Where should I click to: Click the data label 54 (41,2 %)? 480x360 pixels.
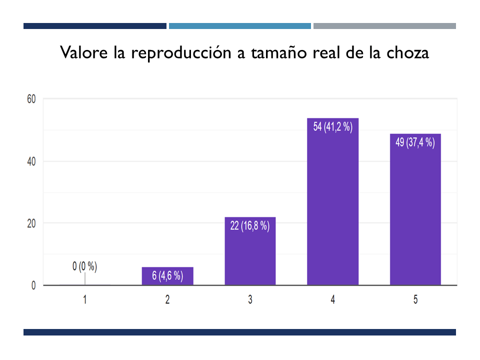pyautogui.click(x=333, y=127)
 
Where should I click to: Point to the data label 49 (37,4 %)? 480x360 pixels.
pyautogui.click(x=415, y=142)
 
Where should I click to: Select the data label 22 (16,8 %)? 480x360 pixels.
pyautogui.click(x=250, y=226)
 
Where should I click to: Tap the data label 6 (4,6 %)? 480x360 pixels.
pyautogui.click(x=167, y=275)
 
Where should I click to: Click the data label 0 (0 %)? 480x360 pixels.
pyautogui.click(x=85, y=266)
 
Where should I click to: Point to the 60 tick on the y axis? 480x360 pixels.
pyautogui.click(x=31, y=99)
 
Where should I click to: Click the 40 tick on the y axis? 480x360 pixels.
pyautogui.click(x=31, y=161)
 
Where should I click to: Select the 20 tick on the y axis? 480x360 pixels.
pyautogui.click(x=31, y=223)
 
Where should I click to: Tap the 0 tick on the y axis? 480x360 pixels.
pyautogui.click(x=33, y=285)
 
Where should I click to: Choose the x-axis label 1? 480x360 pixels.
pyautogui.click(x=85, y=300)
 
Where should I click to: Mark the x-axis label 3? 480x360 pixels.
pyautogui.click(x=250, y=300)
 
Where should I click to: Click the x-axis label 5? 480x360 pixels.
pyautogui.click(x=415, y=300)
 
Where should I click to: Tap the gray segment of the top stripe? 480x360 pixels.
pyautogui.click(x=384, y=26)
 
